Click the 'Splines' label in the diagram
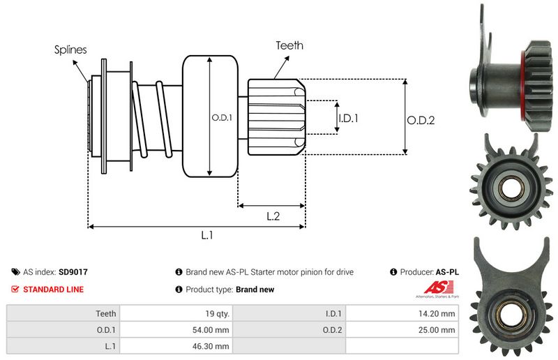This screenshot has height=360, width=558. point(70,50)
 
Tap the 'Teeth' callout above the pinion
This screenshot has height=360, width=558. point(289,45)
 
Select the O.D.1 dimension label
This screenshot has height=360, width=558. point(222,117)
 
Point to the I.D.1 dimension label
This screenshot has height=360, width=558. point(348,119)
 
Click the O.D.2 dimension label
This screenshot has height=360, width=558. point(421,120)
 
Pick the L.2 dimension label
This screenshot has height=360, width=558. point(273,216)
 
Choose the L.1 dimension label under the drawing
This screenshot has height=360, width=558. point(206,236)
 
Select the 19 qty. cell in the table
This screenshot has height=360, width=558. point(217,314)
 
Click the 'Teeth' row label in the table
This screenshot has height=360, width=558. point(106,314)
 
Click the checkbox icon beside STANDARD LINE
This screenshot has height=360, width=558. point(15,289)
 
